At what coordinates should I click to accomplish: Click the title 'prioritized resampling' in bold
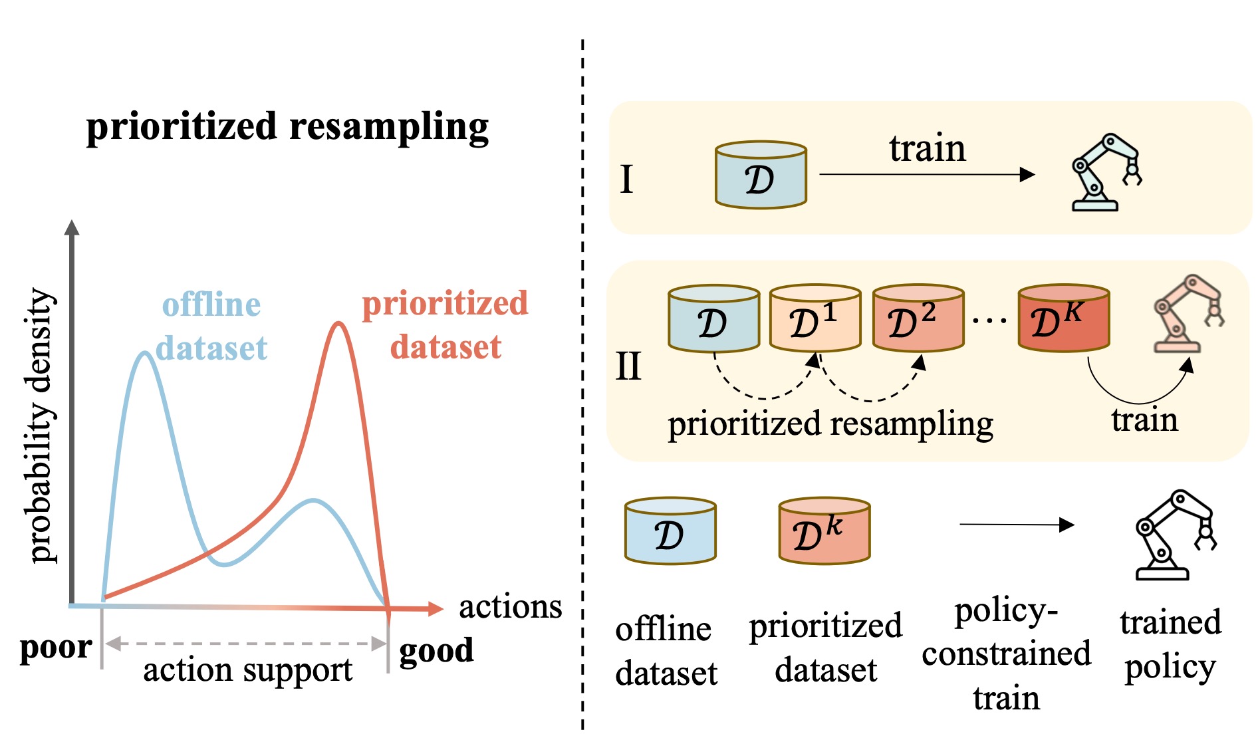tap(287, 126)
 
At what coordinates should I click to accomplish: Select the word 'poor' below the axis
tap(56, 647)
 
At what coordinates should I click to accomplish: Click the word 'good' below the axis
tap(436, 650)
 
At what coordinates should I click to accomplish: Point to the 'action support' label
tap(247, 670)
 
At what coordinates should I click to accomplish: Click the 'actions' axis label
tap(510, 607)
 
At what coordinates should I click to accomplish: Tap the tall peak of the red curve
tap(339, 324)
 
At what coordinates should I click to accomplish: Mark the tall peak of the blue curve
tap(145, 354)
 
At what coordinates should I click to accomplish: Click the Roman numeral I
tap(626, 180)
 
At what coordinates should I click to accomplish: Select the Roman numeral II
tap(628, 366)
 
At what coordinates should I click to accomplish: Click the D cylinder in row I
tap(761, 176)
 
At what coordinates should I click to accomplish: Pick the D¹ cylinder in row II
tap(815, 318)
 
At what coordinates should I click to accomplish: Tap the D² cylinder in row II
tap(918, 318)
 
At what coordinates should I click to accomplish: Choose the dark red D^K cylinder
tap(1063, 318)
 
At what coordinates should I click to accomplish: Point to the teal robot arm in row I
tap(1106, 172)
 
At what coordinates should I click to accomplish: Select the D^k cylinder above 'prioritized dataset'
tap(824, 531)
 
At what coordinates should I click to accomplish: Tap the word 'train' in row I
tap(927, 148)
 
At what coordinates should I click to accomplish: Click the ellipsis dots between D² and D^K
tap(990, 321)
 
